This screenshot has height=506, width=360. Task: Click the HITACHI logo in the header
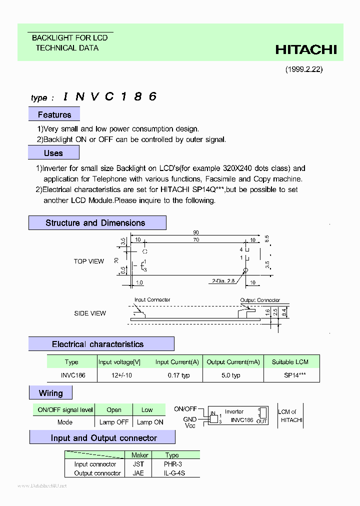click(x=306, y=49)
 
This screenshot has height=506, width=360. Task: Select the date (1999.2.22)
click(x=304, y=69)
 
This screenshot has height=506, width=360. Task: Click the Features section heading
click(x=54, y=115)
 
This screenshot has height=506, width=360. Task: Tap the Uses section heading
click(x=53, y=153)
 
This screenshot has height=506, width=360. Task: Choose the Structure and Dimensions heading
click(x=95, y=223)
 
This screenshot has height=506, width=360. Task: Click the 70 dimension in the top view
click(x=196, y=240)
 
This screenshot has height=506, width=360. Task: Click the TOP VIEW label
click(x=89, y=261)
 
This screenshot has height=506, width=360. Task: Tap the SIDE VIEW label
click(x=90, y=313)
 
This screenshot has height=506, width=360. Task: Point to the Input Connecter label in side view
click(x=152, y=300)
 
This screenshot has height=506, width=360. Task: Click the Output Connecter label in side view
click(x=260, y=300)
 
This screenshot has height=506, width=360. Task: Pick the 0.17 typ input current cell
click(x=178, y=375)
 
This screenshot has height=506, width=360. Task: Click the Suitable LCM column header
click(x=290, y=362)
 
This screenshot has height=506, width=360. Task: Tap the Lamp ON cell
click(x=150, y=422)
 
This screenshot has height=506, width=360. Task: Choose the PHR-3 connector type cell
click(x=172, y=464)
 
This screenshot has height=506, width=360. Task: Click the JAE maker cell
click(x=138, y=473)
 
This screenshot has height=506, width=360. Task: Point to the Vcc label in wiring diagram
click(x=190, y=426)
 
